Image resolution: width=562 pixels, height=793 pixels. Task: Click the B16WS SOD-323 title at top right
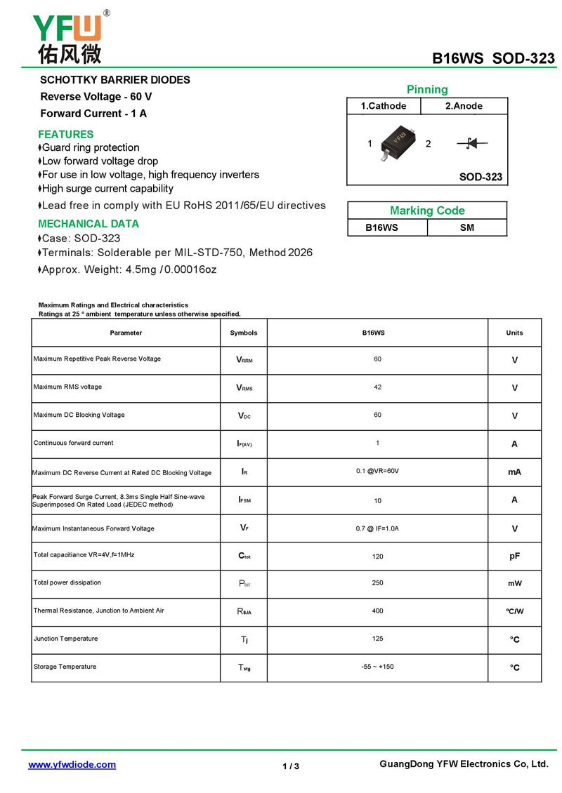pyautogui.click(x=493, y=58)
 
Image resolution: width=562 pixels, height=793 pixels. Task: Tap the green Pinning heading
pyautogui.click(x=427, y=89)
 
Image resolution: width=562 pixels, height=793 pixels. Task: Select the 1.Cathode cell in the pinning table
pyautogui.click(x=384, y=106)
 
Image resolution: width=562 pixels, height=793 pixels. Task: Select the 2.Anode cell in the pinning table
pyautogui.click(x=464, y=106)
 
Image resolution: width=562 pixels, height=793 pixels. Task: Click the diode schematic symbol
pyautogui.click(x=472, y=144)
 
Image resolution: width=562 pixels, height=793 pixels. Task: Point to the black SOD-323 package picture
pyautogui.click(x=398, y=141)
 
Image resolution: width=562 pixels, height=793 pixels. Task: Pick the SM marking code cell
pyautogui.click(x=466, y=227)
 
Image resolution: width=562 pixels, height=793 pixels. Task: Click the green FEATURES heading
pyautogui.click(x=65, y=134)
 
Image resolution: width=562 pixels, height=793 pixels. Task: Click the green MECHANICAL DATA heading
pyautogui.click(x=89, y=224)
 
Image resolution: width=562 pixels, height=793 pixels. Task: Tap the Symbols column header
pyautogui.click(x=244, y=333)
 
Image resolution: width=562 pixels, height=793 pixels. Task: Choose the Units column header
pyautogui.click(x=514, y=333)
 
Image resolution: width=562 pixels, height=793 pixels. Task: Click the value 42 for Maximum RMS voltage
pyautogui.click(x=377, y=387)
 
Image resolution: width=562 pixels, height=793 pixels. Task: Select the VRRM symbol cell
pyautogui.click(x=244, y=360)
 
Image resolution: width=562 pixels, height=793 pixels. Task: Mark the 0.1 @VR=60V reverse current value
pyautogui.click(x=377, y=471)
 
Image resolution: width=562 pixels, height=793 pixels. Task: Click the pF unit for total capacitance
pyautogui.click(x=514, y=556)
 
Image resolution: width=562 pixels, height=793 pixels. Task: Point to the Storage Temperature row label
pyautogui.click(x=65, y=667)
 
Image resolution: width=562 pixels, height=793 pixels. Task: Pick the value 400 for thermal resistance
pyautogui.click(x=377, y=611)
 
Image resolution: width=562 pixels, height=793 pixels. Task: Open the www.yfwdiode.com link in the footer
pyautogui.click(x=72, y=765)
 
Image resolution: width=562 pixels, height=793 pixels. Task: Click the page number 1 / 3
pyautogui.click(x=291, y=766)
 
